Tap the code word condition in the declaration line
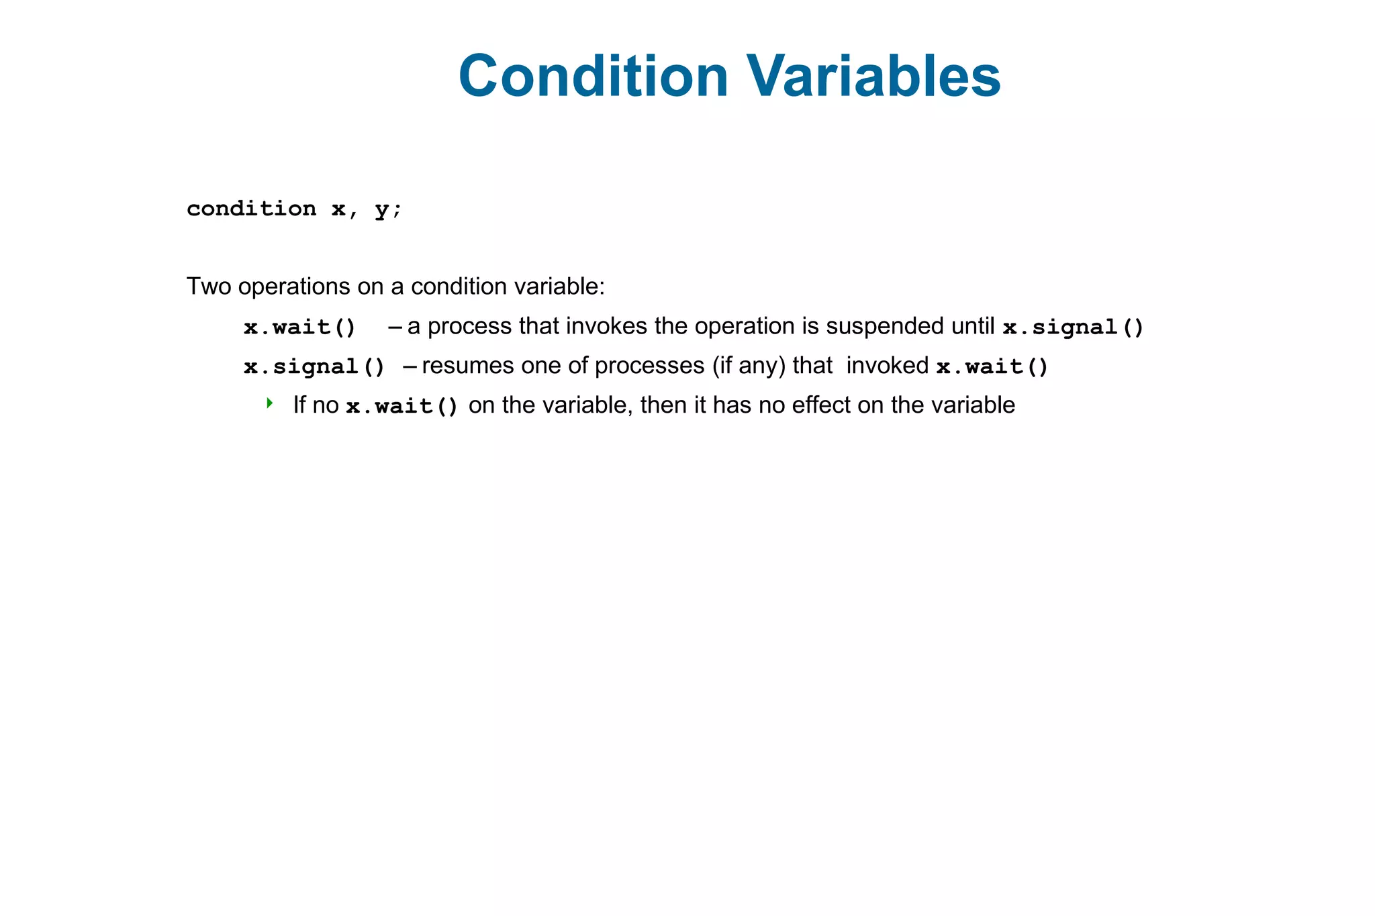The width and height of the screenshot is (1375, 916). (x=251, y=209)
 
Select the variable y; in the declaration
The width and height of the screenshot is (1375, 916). (x=387, y=209)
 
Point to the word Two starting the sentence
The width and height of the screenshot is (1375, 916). (x=208, y=287)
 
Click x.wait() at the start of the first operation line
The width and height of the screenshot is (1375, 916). (x=299, y=327)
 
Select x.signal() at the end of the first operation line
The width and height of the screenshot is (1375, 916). (x=1073, y=327)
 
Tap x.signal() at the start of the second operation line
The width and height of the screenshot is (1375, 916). (x=314, y=367)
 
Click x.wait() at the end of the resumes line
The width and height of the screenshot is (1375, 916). (x=992, y=367)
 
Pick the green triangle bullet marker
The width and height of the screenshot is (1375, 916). (x=269, y=403)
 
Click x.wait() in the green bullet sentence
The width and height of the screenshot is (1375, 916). (x=402, y=407)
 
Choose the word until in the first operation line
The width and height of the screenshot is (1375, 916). (x=973, y=326)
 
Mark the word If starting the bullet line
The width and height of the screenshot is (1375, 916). (x=299, y=405)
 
